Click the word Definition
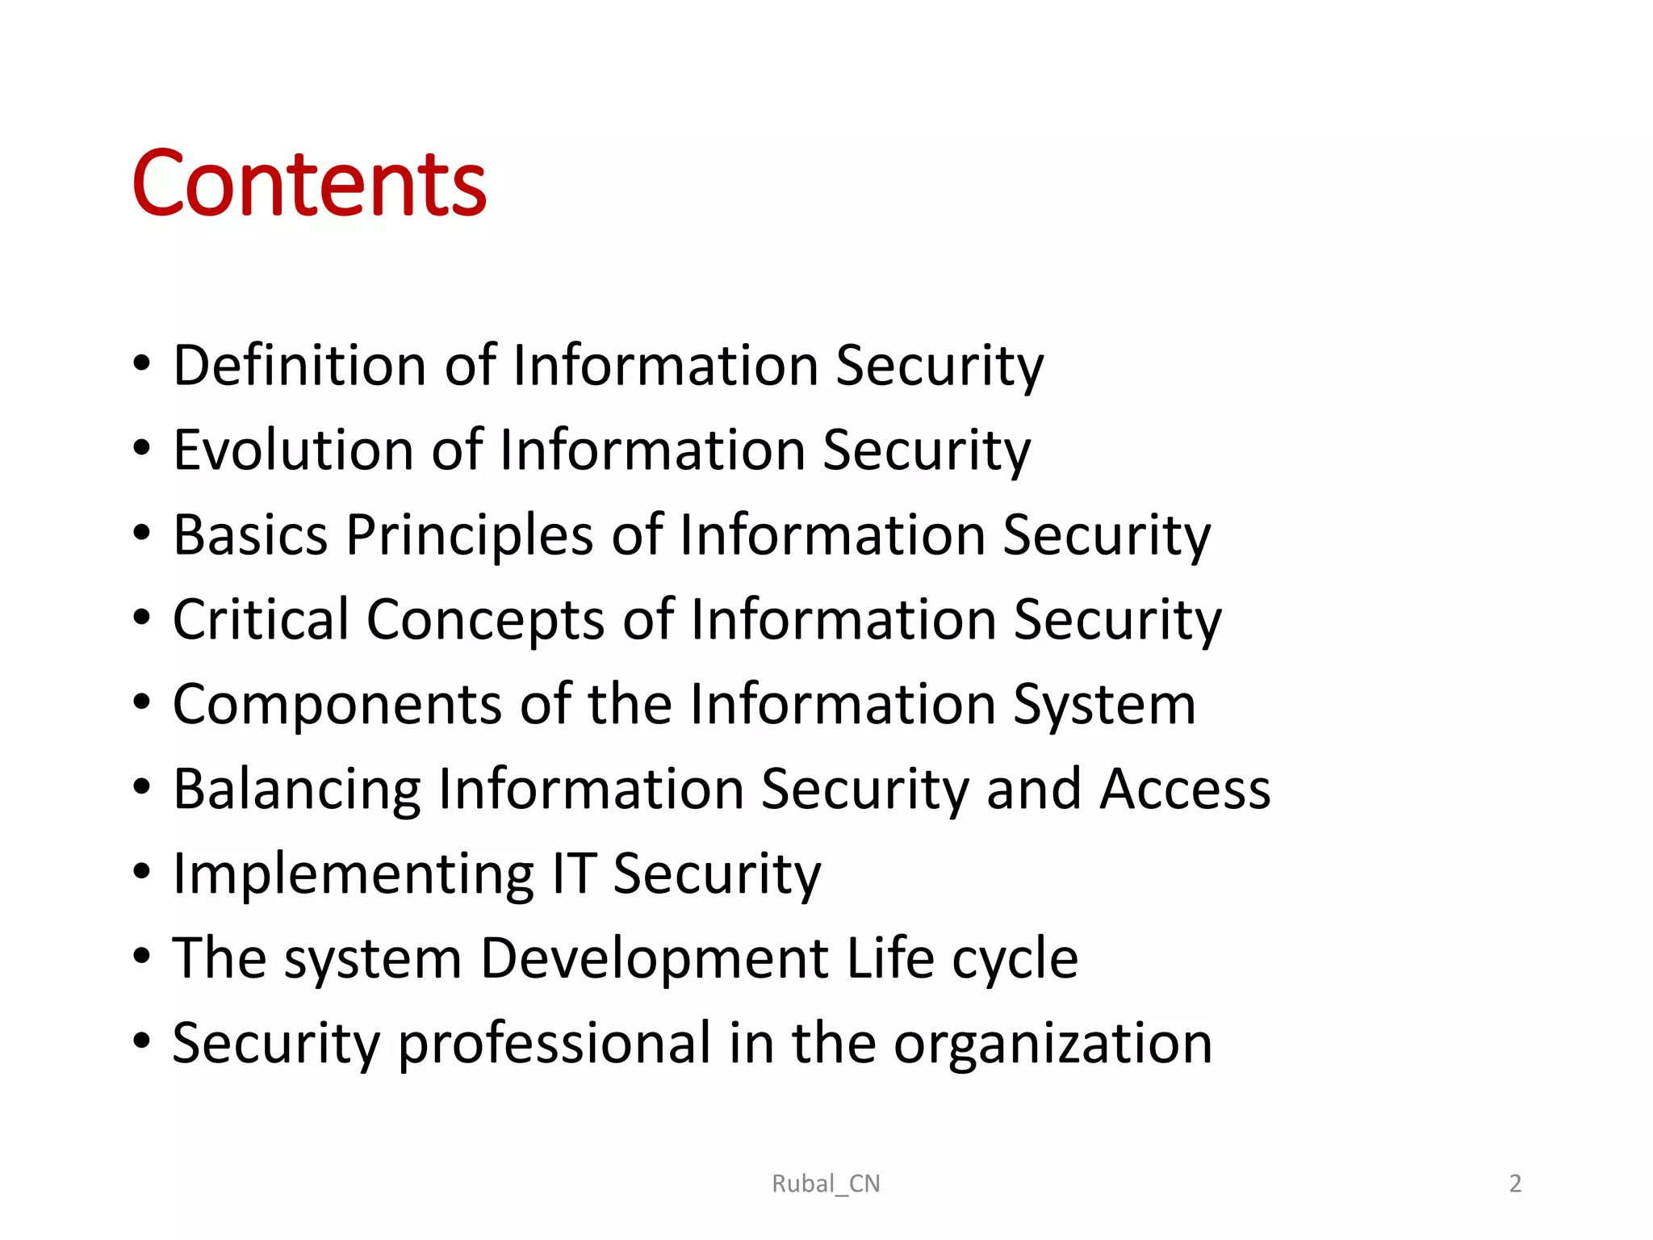300,365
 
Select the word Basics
250,534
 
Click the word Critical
261,619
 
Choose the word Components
338,705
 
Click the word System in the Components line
1104,705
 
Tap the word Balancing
297,790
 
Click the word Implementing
354,875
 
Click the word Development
655,959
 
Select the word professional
554,1044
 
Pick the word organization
1052,1044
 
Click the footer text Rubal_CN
826,1183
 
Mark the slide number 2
1515,1183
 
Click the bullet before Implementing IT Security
142,873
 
